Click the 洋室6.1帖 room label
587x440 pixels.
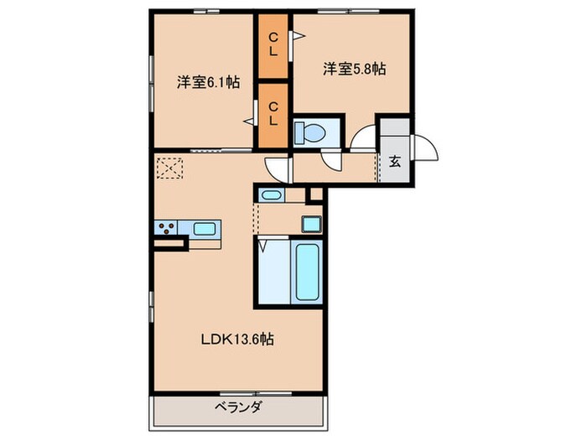tap(208, 82)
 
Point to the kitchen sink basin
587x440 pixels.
tap(205, 227)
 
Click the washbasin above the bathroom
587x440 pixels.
tap(270, 195)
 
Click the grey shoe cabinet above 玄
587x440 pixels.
tap(394, 132)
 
